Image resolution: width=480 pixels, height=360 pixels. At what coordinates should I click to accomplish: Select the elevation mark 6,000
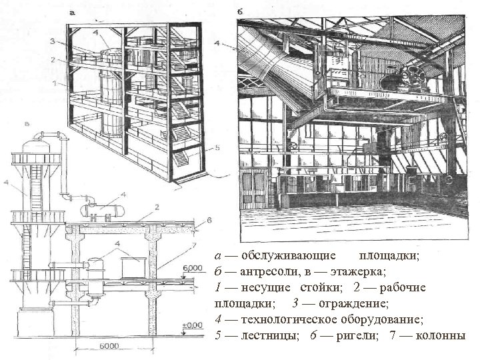[x=191, y=267]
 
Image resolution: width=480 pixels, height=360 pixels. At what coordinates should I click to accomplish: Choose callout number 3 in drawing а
[x=53, y=42]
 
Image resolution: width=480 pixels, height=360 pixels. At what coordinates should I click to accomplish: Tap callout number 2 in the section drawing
[x=156, y=207]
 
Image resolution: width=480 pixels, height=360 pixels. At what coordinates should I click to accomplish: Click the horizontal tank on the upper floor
[x=101, y=209]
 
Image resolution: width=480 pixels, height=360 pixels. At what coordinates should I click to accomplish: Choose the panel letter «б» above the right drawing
[x=239, y=12]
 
